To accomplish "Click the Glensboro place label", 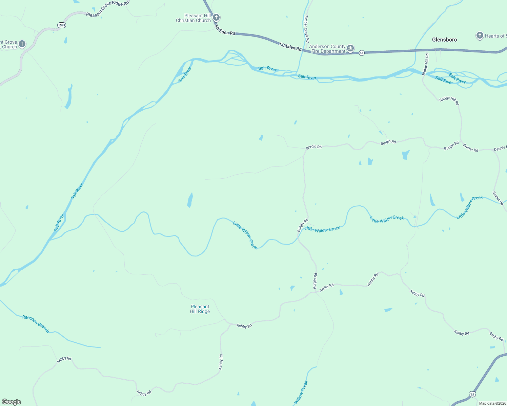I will coord(444,40).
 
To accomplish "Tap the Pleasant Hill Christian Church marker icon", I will coord(216,18).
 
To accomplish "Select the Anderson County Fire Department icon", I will coord(350,48).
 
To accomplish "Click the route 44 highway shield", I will coord(362,53).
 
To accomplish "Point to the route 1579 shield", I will coord(61,25).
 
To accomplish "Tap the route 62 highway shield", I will coord(472,394).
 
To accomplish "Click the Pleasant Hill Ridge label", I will coord(200,309).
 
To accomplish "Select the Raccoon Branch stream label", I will coord(36,324).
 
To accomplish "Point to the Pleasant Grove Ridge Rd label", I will coord(107,9).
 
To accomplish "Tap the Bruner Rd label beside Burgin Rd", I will coord(470,148).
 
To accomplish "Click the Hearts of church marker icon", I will coord(480,36).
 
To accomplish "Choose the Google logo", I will coord(12,402).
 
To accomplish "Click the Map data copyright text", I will coord(492,403).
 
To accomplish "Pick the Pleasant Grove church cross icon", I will coord(22,44).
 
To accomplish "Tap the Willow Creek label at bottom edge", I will coord(301,392).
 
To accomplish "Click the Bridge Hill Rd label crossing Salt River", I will coord(425,64).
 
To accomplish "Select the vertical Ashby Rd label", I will coord(221,362).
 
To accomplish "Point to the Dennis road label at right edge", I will coord(500,148).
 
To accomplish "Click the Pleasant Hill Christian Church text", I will coord(193,18).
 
